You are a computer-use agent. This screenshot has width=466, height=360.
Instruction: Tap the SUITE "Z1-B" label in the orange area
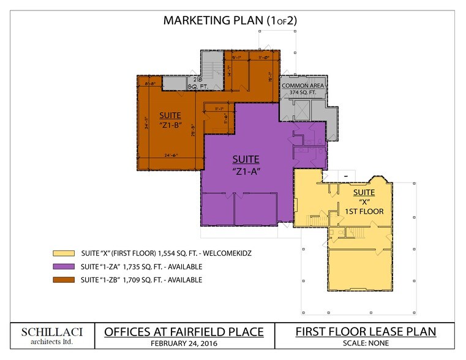point(170,119)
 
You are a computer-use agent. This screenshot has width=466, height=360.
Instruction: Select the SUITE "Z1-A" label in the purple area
point(244,165)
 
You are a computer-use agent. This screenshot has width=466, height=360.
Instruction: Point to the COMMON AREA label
point(303,86)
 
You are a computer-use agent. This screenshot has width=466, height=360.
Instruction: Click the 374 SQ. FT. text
point(303,93)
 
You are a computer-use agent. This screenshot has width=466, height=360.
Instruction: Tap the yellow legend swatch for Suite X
point(64,253)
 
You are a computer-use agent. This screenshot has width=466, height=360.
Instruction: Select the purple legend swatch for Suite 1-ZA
point(64,266)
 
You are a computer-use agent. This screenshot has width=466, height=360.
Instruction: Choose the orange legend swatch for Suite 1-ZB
point(64,280)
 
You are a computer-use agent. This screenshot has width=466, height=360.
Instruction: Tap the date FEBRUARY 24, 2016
point(184,343)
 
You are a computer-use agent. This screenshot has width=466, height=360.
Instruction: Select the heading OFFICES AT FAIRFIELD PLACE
point(184,332)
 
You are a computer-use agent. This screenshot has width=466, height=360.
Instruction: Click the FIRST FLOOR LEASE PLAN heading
point(366,332)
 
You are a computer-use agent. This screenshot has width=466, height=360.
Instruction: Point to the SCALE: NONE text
point(366,343)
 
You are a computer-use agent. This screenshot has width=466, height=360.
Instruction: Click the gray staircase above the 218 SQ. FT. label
point(211,69)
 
